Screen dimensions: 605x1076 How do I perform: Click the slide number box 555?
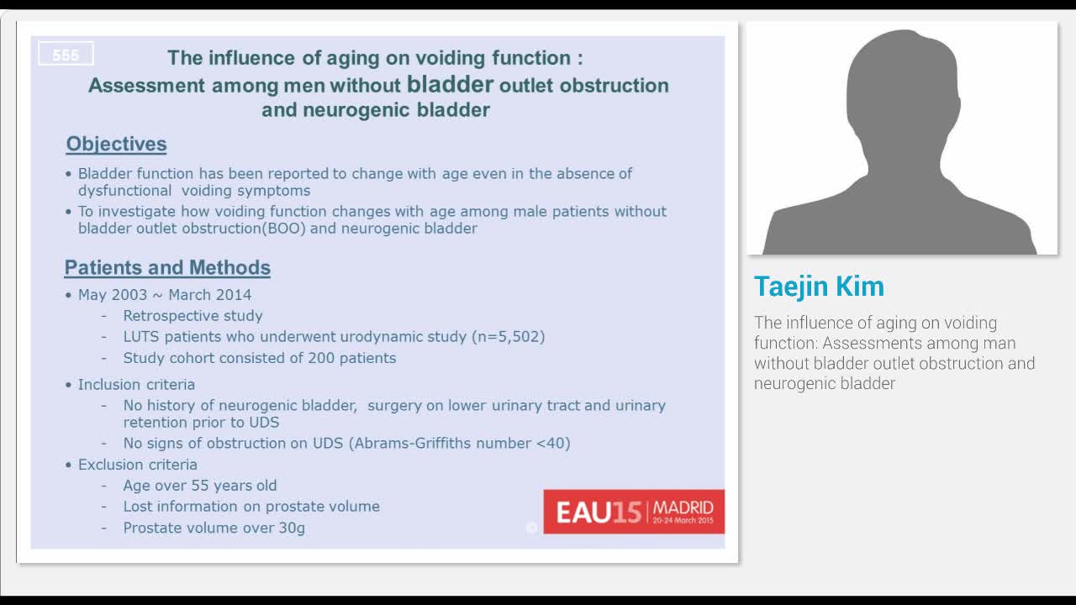point(66,55)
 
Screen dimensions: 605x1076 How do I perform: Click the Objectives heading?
point(116,144)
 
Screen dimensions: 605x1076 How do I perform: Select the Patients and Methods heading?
point(167,267)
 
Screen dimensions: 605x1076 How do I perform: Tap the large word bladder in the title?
point(450,84)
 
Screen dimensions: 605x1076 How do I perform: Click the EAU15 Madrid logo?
point(634,511)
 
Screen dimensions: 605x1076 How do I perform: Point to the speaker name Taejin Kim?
point(819,287)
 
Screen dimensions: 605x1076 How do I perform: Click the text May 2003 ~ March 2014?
point(165,294)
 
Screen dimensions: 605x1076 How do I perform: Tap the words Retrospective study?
point(193,315)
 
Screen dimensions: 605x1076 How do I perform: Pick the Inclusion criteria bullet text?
point(136,384)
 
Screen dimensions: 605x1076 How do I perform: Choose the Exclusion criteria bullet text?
point(138,464)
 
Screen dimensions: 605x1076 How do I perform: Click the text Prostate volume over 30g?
point(214,528)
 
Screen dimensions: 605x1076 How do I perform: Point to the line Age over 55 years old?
point(199,485)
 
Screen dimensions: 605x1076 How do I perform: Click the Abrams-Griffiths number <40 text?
point(459,443)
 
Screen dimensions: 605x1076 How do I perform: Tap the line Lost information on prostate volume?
point(251,506)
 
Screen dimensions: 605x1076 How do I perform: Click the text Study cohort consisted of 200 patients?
point(259,357)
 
